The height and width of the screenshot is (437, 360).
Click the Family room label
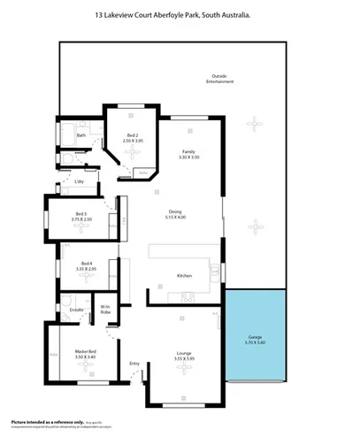(188, 151)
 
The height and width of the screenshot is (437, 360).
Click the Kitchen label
(184, 276)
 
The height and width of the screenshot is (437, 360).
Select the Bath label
(80, 135)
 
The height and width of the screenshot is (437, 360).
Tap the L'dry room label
(79, 181)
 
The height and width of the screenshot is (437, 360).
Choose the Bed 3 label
(80, 213)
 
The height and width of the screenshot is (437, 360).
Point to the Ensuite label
(77, 310)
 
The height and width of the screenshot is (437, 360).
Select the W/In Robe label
(104, 310)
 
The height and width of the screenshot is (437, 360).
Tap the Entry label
(134, 363)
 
